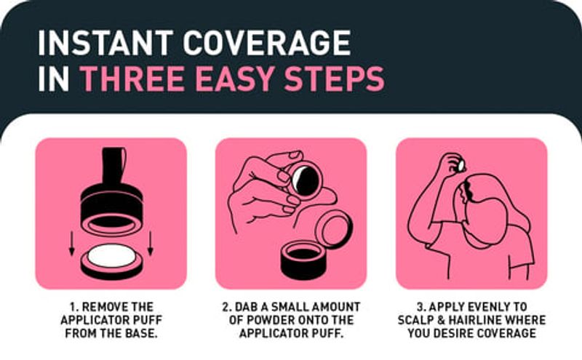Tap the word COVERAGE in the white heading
267,43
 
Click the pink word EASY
235,79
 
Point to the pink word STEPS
335,79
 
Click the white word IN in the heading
54,79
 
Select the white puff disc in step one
111,256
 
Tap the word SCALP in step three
415,320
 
